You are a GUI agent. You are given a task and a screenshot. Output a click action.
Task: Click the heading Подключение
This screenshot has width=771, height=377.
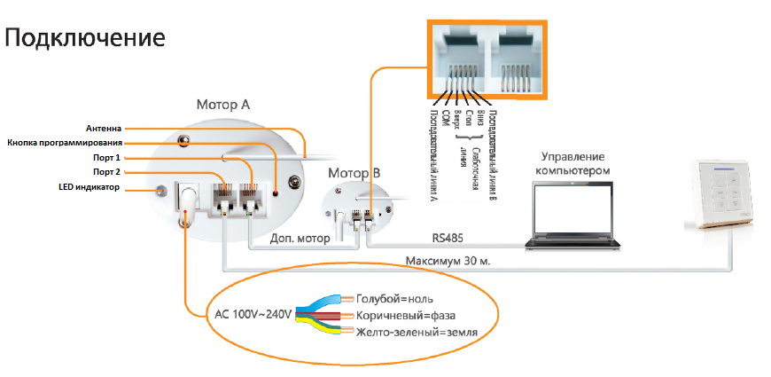[85, 38]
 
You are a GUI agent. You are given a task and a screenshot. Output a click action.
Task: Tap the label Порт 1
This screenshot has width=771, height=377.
[107, 157]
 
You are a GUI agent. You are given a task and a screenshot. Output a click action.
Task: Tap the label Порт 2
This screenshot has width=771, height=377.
[107, 172]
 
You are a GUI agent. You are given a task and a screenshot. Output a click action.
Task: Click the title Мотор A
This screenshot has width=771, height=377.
[222, 105]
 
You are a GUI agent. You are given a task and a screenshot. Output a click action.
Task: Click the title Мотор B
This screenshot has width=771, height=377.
[354, 171]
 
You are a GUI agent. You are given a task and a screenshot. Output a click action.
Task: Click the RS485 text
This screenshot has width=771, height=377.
[448, 238]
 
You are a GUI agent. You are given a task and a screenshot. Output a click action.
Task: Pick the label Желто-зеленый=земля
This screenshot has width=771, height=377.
[417, 333]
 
